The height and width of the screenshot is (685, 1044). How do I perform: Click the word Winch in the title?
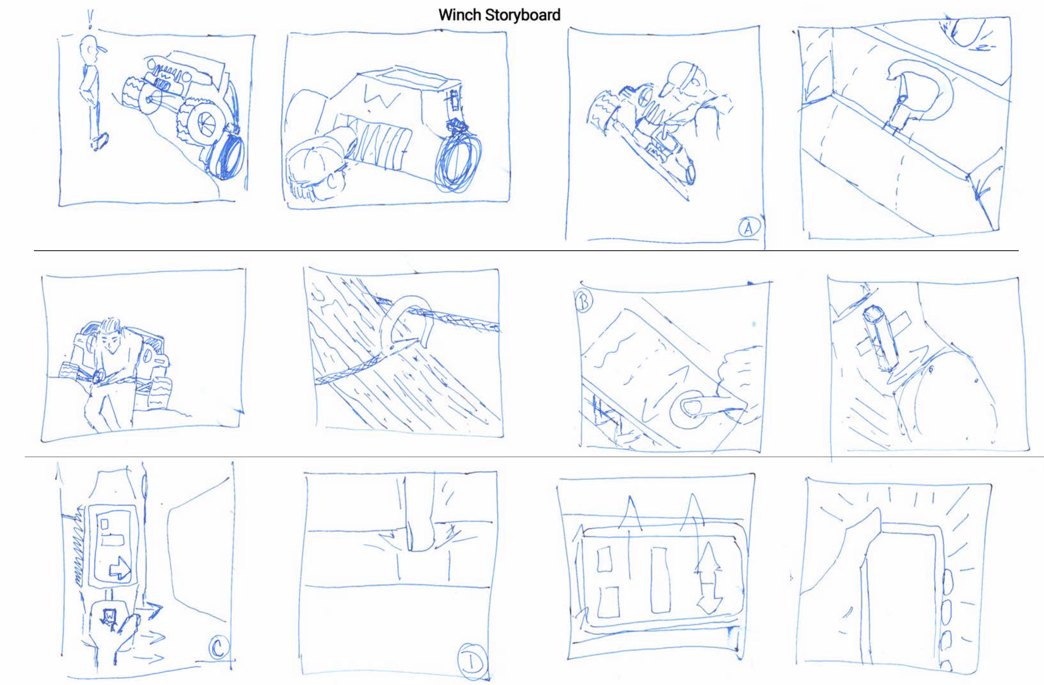(x=460, y=15)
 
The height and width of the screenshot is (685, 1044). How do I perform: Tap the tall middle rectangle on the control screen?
(x=661, y=579)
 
